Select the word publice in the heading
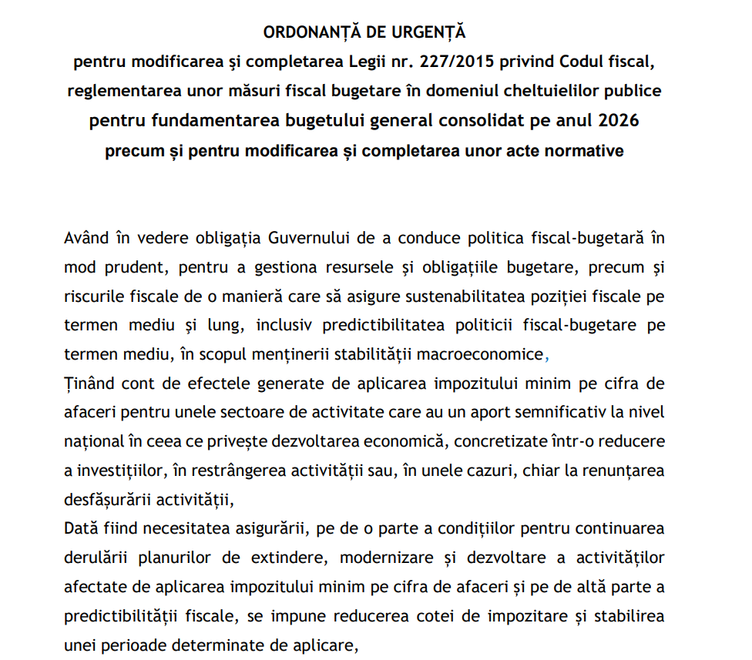pyautogui.click(x=633, y=90)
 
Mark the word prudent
pyautogui.click(x=133, y=266)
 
